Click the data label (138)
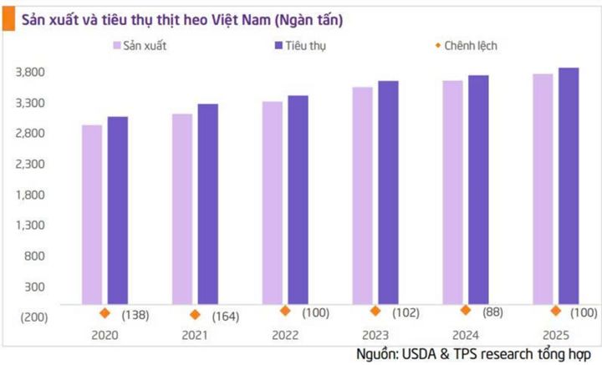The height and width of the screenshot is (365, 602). (136, 314)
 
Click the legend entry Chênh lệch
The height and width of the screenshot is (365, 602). (468, 45)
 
